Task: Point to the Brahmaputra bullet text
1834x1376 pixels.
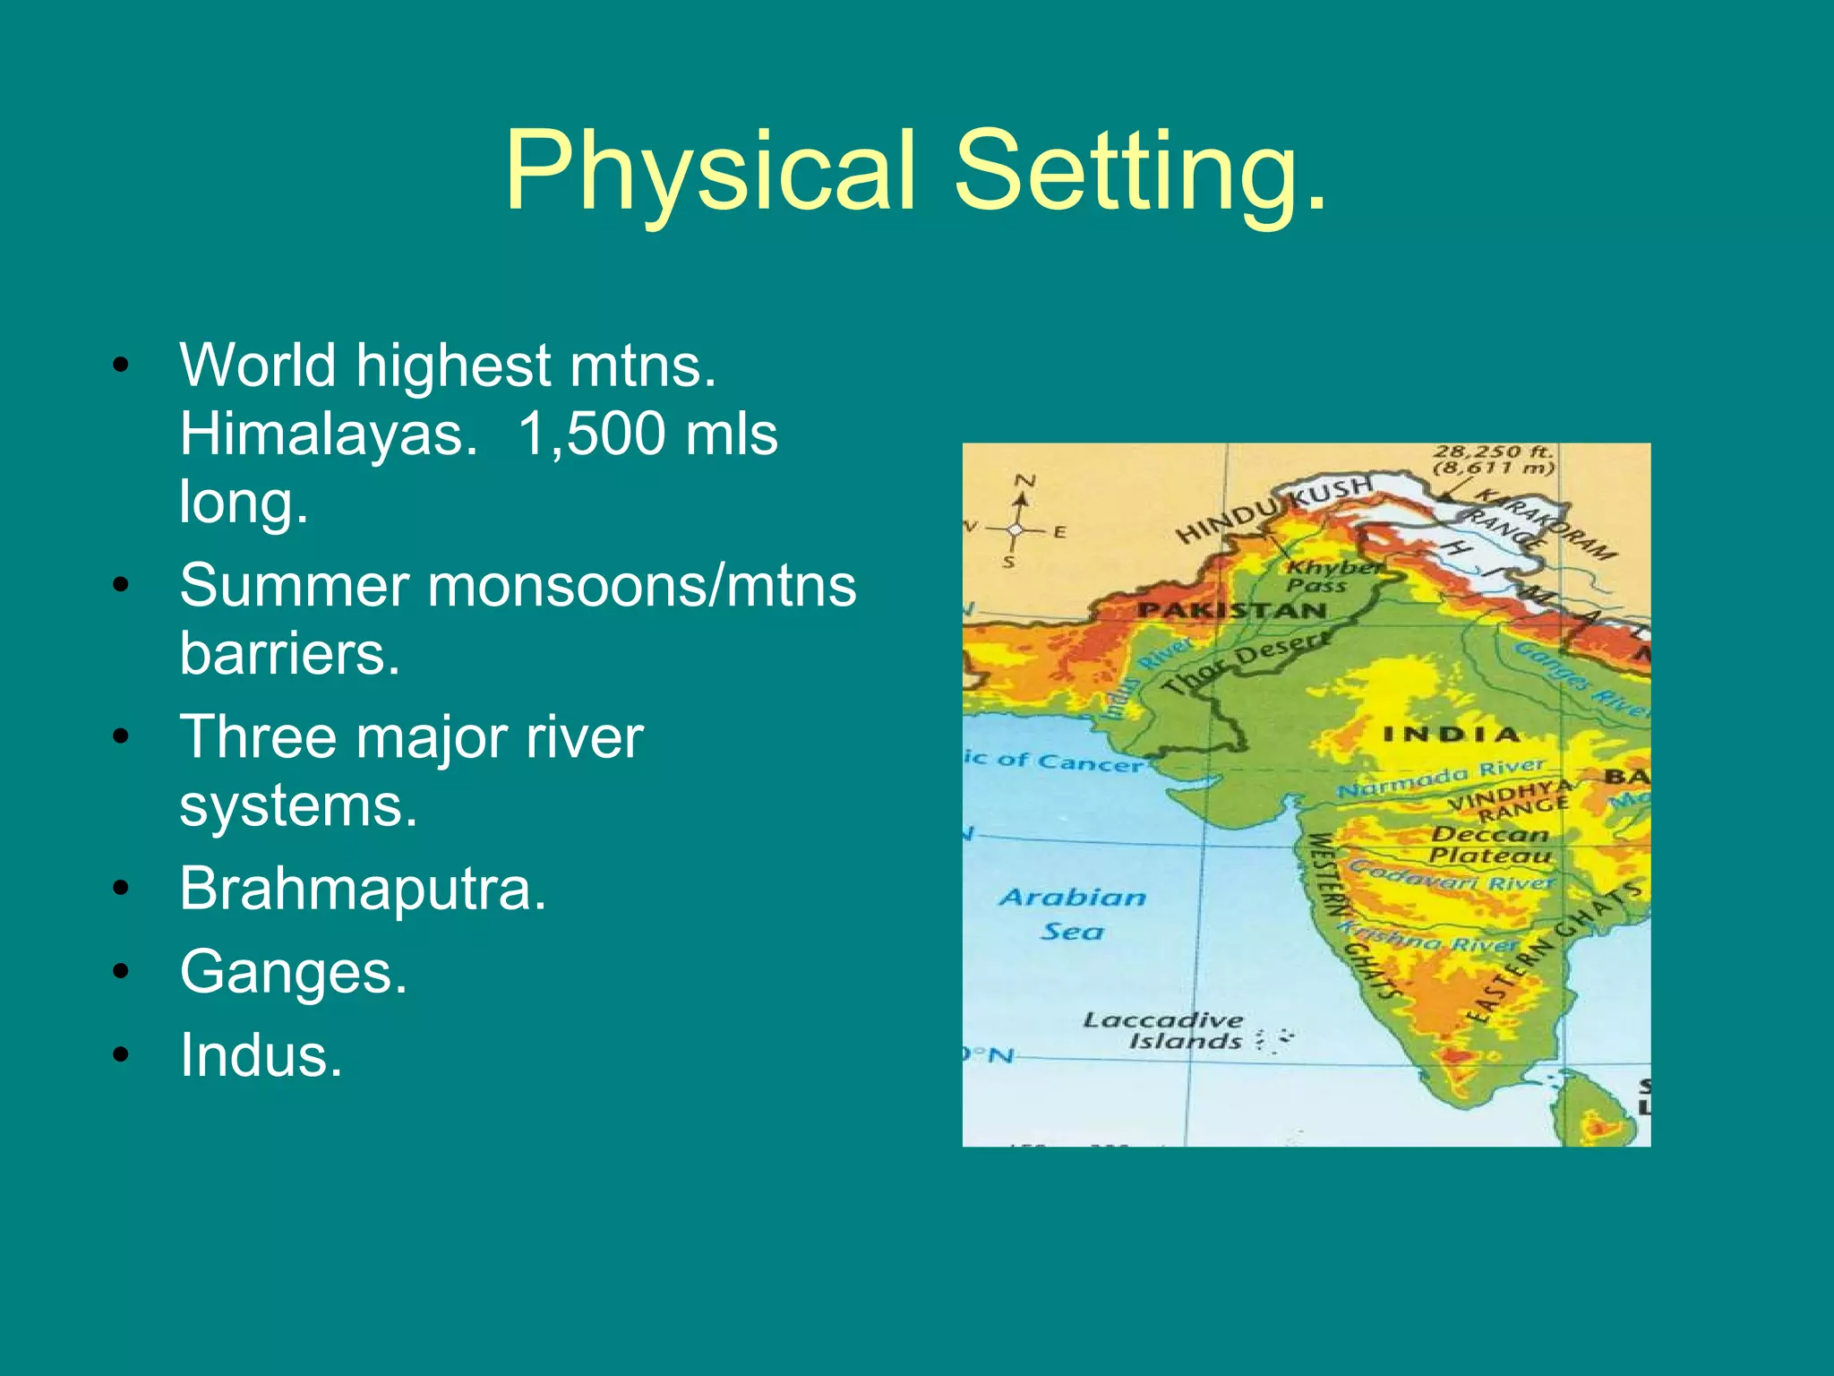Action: pos(362,889)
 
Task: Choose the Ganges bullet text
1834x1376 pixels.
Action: pos(293,972)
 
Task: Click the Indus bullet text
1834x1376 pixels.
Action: pos(261,1055)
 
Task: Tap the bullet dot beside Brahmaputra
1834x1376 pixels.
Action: pos(121,889)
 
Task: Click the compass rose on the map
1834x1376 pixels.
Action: pos(1015,529)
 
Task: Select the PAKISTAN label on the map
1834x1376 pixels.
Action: pos(1232,611)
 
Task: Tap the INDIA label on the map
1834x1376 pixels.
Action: pos(1452,735)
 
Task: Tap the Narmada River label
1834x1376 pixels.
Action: pos(1442,778)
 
